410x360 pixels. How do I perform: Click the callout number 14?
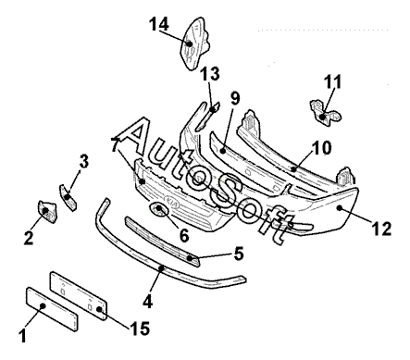pos(159,24)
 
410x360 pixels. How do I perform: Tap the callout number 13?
pos(210,74)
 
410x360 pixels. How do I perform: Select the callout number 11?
pos(333,81)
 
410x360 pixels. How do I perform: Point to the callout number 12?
pos(382,229)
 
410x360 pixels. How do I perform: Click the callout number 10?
pos(321,148)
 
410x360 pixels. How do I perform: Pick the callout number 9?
pos(235,98)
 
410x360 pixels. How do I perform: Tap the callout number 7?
pos(115,144)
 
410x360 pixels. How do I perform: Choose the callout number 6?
pos(184,236)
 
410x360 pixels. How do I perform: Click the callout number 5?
pos(239,254)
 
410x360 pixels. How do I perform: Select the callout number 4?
pos(148,301)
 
